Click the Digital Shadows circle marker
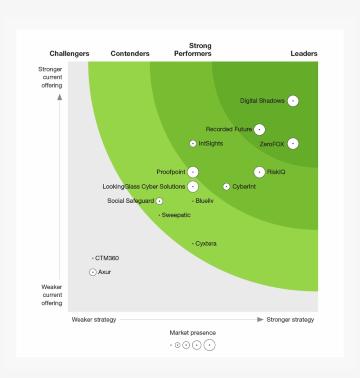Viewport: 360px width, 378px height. (x=293, y=101)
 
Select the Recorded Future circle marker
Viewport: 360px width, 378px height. (x=259, y=130)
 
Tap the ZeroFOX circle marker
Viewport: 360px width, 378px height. (x=293, y=144)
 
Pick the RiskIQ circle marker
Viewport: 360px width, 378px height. (x=259, y=172)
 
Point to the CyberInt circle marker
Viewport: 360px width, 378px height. (x=226, y=187)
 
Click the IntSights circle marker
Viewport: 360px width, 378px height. (x=193, y=144)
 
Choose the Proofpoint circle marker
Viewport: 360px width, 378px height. (x=193, y=172)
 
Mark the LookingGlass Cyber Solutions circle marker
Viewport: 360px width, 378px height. (x=193, y=187)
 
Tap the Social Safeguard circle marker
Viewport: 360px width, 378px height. (x=159, y=201)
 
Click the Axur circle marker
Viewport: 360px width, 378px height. (x=93, y=273)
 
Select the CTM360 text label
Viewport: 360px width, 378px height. (x=107, y=258)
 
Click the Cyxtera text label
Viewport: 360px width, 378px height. (x=206, y=244)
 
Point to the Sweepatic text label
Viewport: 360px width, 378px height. (x=176, y=215)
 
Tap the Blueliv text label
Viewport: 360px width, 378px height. (x=205, y=201)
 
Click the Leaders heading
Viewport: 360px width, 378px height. (x=304, y=54)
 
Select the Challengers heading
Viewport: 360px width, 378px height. (x=69, y=54)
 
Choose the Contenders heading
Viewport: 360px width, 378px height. (x=130, y=54)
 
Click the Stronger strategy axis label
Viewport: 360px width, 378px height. (x=290, y=320)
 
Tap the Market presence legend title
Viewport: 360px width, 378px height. (x=193, y=333)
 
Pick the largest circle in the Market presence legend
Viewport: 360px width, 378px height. (x=209, y=345)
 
